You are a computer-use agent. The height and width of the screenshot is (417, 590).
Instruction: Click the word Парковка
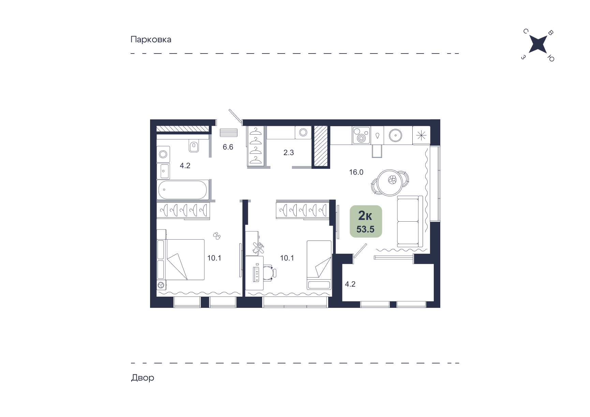[x=151, y=40]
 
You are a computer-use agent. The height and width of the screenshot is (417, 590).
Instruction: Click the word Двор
[x=143, y=377]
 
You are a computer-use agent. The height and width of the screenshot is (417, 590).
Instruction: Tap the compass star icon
[x=538, y=45]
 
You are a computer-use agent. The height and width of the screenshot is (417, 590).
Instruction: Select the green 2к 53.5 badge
[x=366, y=221]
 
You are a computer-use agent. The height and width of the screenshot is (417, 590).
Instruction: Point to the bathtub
[x=183, y=190]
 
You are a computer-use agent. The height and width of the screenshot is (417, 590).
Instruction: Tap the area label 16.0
[x=356, y=172]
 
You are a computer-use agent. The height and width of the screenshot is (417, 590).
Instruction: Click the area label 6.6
[x=228, y=147]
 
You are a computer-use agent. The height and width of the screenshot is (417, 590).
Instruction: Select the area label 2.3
[x=289, y=152]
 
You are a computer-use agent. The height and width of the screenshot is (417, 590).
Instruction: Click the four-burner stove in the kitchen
[x=361, y=135]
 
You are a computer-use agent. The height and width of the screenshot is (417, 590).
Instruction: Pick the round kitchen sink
[x=396, y=135]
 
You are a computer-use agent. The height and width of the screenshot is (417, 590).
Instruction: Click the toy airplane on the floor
[x=258, y=248]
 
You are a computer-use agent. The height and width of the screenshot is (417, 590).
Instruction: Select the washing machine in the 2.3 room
[x=303, y=132]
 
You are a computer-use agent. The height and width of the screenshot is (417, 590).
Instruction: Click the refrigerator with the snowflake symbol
[x=421, y=135]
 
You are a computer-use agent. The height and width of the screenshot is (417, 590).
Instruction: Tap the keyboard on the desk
[x=256, y=273]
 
